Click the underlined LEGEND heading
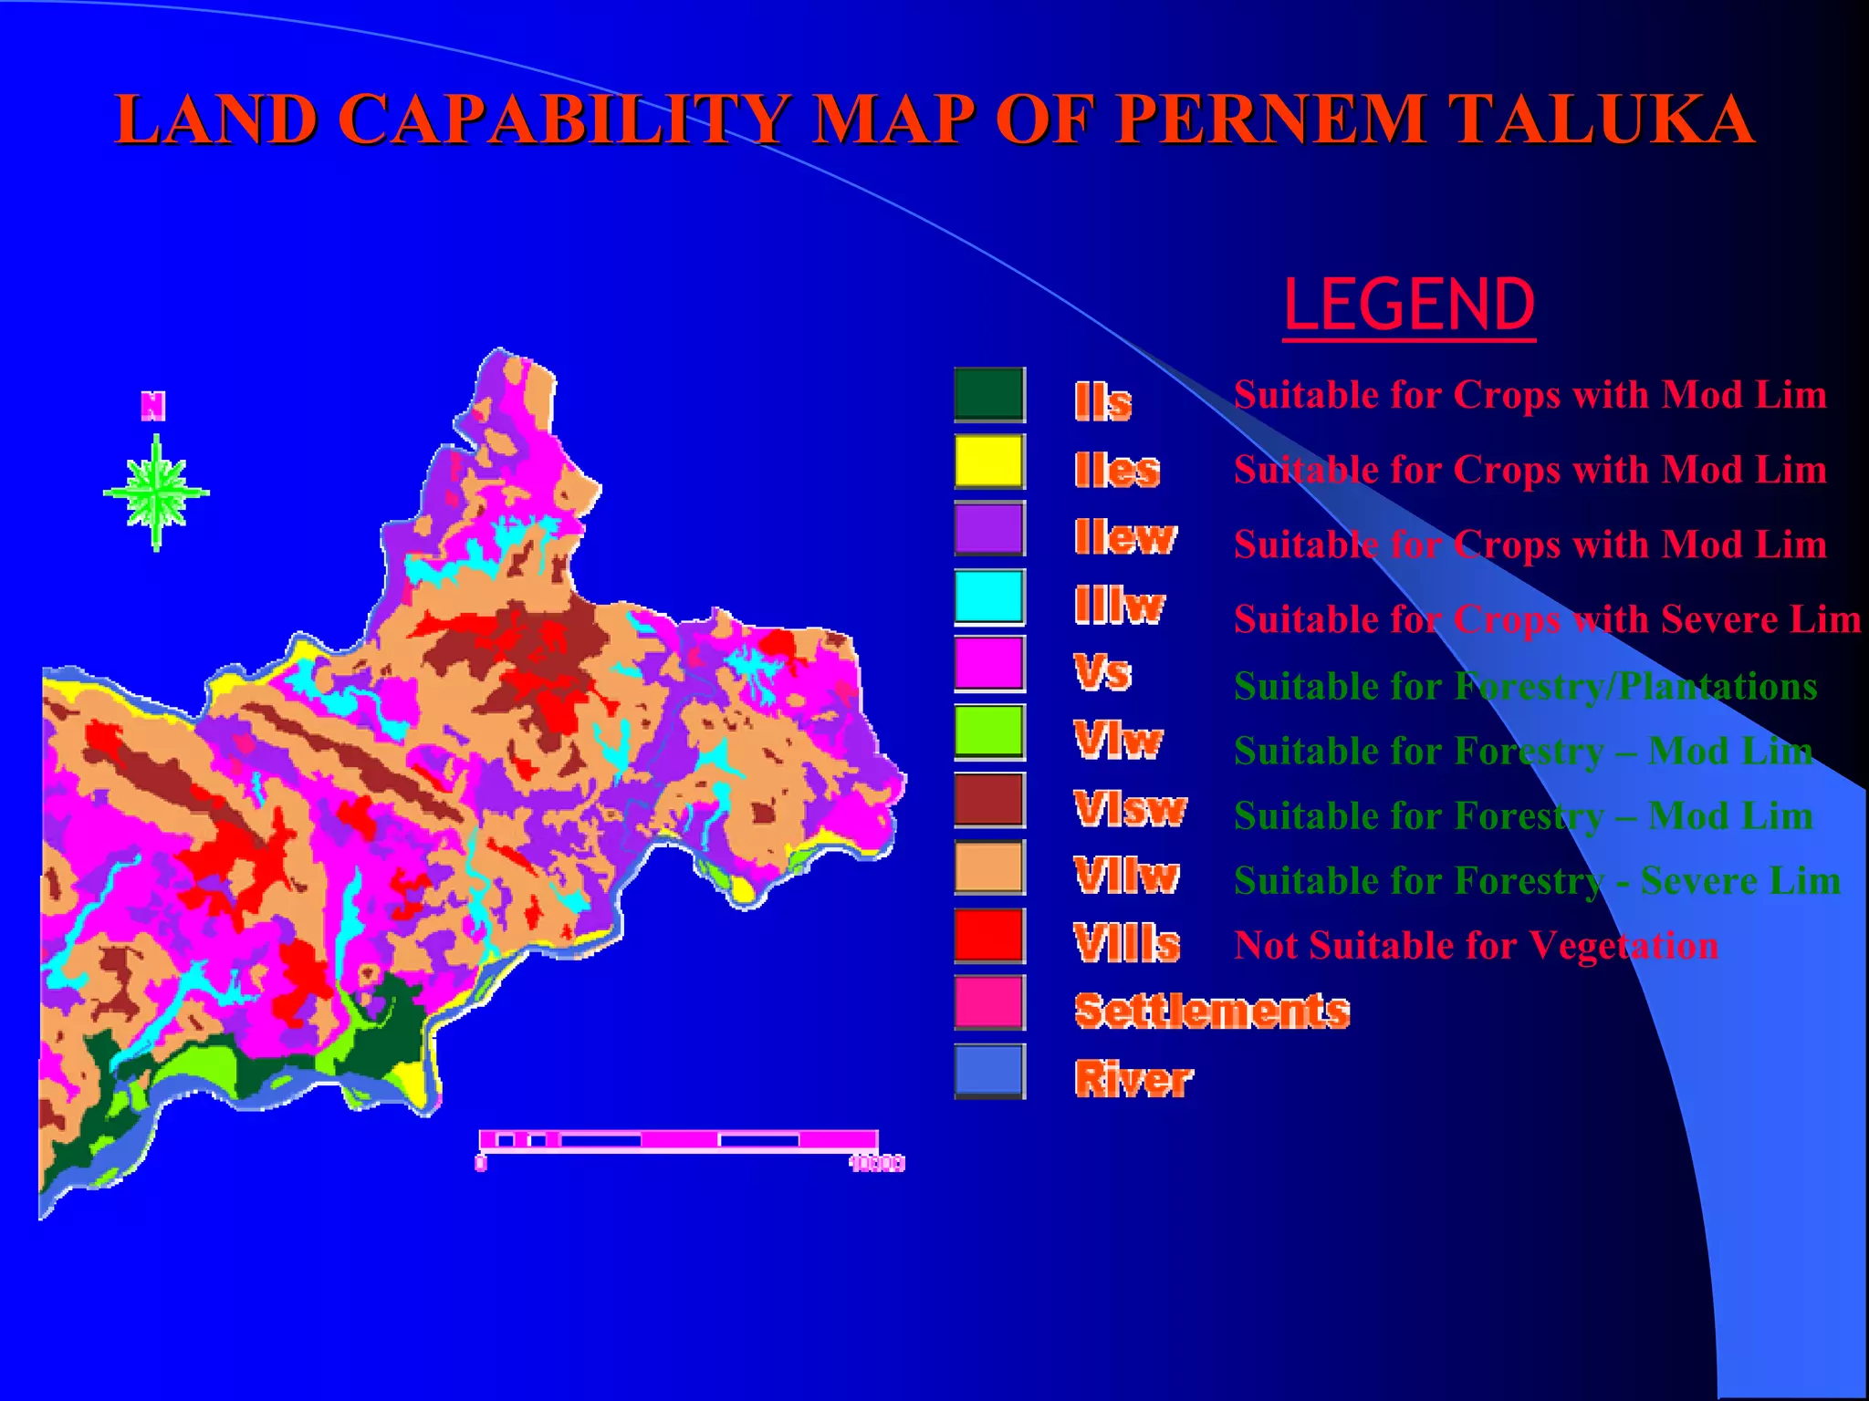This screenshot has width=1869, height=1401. (1408, 306)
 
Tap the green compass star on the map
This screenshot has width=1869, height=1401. (157, 493)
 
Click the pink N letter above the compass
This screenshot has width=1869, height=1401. (153, 406)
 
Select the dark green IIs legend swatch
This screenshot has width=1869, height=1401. (989, 394)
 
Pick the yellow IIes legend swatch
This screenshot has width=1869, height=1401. (989, 462)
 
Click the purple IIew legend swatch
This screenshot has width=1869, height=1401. (989, 529)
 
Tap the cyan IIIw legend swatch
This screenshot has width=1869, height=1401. (989, 597)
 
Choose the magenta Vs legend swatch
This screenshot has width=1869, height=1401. (989, 664)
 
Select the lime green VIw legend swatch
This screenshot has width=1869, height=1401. (989, 732)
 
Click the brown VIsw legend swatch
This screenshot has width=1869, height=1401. (989, 800)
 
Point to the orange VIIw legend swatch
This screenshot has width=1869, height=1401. (989, 867)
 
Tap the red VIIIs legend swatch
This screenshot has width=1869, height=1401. (989, 935)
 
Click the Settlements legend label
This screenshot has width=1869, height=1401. (1212, 1012)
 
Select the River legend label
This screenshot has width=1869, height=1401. (1133, 1080)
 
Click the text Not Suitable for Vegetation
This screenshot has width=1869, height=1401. (1476, 946)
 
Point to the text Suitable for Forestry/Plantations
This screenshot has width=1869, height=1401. (1525, 687)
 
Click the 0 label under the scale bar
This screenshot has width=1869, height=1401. (481, 1163)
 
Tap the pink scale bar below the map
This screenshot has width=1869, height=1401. (678, 1139)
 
